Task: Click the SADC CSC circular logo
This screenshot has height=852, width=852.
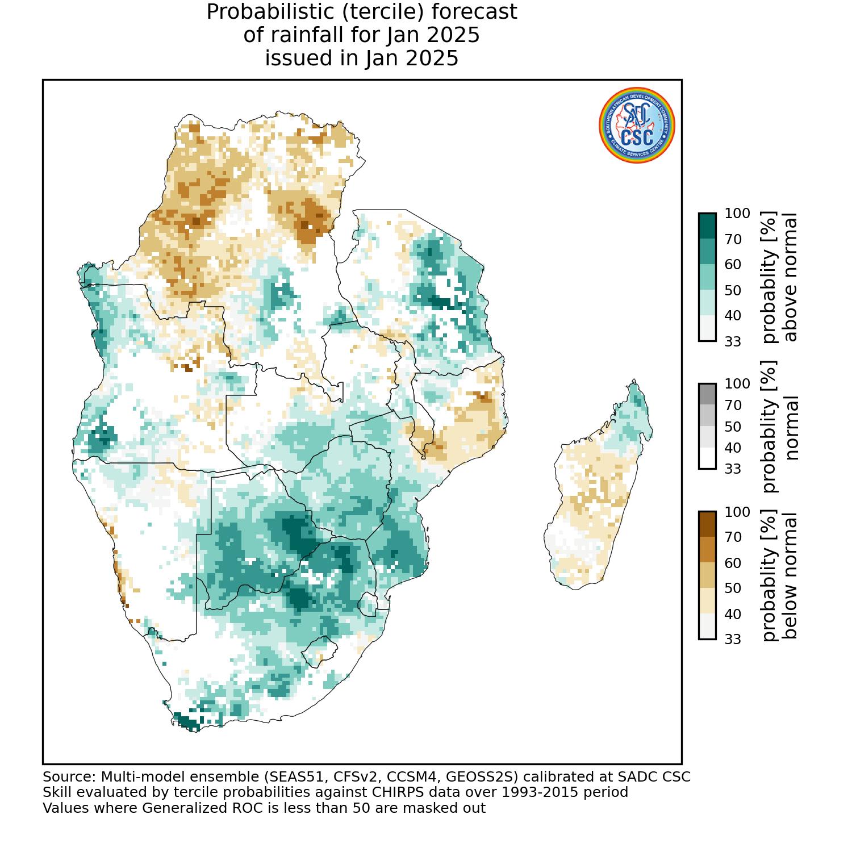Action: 637,126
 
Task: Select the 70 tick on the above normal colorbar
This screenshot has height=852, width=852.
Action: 733,239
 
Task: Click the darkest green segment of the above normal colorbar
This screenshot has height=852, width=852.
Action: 707,225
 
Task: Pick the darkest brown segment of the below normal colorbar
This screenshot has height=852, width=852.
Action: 707,524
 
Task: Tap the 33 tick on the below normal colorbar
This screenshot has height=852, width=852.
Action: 733,639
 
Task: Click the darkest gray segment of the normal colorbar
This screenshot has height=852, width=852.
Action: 707,394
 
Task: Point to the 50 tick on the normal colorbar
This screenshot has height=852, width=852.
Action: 733,426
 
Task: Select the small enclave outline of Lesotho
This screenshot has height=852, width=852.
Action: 319,651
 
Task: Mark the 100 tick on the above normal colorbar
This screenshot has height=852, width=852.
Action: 737,214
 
